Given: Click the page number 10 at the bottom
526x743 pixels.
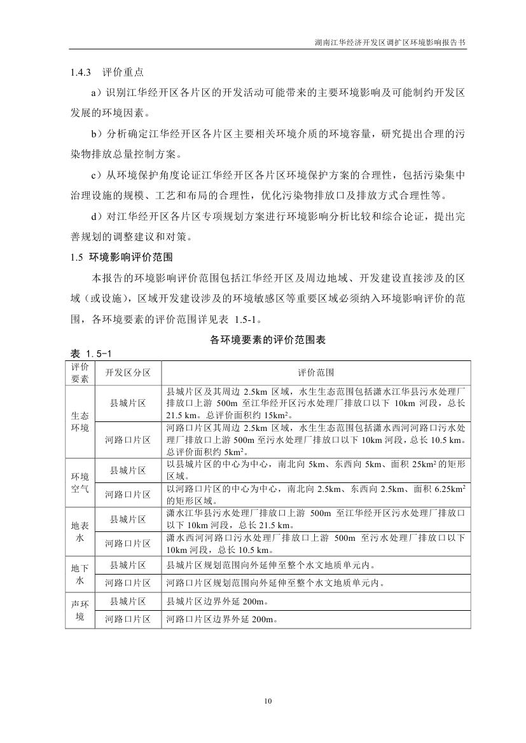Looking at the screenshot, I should pos(268,701).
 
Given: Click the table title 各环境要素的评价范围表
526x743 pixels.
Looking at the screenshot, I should pos(268,340).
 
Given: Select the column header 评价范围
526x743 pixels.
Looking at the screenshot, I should pos(315,372).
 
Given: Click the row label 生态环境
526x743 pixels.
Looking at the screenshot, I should pos(80,421).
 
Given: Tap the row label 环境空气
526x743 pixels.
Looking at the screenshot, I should pos(80,482).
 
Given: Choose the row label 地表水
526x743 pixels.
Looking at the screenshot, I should pos(80,531).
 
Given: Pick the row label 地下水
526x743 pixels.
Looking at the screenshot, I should pos(80,573).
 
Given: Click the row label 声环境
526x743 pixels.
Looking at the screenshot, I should pos(80,608).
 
